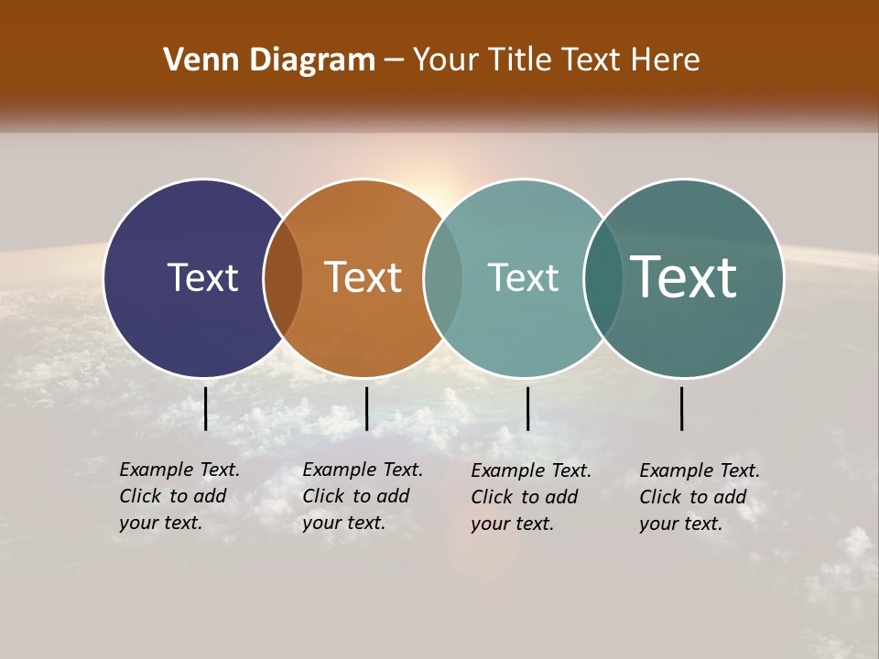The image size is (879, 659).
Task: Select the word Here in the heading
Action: pyautogui.click(x=665, y=60)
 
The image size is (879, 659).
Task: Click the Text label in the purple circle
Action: pyautogui.click(x=202, y=277)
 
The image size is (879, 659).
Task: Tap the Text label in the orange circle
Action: pyautogui.click(x=364, y=277)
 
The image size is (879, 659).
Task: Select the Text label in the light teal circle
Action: pyautogui.click(x=523, y=277)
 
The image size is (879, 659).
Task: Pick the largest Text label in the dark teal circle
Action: pyautogui.click(x=684, y=277)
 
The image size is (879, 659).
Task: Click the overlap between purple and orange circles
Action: pyautogui.click(x=283, y=277)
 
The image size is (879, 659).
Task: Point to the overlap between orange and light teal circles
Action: pyautogui.click(x=443, y=277)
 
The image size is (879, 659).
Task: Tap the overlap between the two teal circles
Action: pyautogui.click(x=603, y=277)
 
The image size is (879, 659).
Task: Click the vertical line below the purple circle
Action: pyautogui.click(x=206, y=408)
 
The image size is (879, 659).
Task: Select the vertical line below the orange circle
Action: pyautogui.click(x=366, y=408)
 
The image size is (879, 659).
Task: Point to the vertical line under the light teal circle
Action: pyautogui.click(x=527, y=408)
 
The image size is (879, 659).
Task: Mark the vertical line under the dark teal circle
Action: pyautogui.click(x=682, y=408)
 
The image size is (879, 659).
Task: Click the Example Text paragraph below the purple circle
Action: pyautogui.click(x=179, y=496)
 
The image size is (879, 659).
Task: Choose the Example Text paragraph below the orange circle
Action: pyautogui.click(x=362, y=496)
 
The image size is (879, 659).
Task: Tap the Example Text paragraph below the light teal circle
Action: pyautogui.click(x=531, y=497)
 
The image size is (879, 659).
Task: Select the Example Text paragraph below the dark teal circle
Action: pyautogui.click(x=700, y=497)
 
